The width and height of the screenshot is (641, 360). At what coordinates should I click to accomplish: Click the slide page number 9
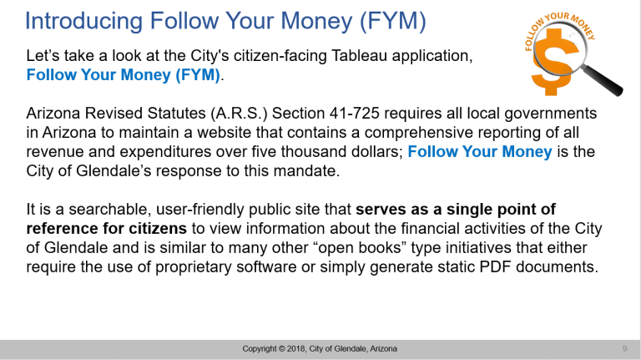tap(624, 348)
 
